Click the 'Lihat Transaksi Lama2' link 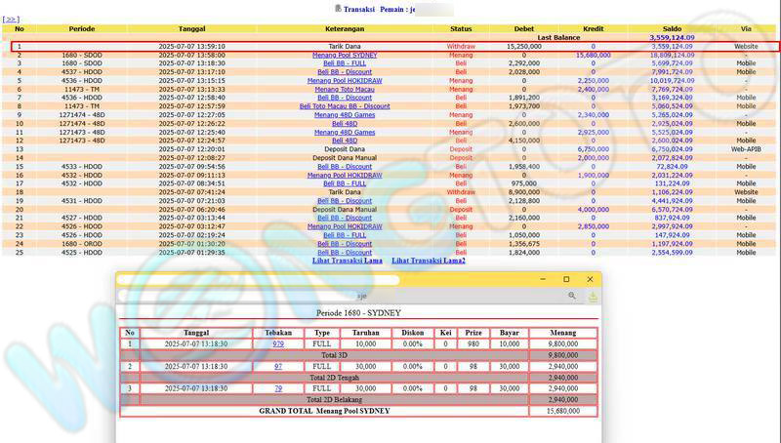coord(429,261)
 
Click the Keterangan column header coord(345,28)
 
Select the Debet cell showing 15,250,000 coord(524,46)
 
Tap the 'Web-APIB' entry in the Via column coord(746,149)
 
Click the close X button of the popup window coord(591,279)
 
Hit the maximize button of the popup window coord(567,279)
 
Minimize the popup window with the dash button coord(543,279)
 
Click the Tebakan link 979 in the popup coord(278,343)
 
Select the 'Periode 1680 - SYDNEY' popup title coord(356,314)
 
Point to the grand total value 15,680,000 coord(562,411)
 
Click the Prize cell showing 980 coord(473,343)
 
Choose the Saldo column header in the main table coord(671,28)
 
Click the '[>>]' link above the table coord(12,19)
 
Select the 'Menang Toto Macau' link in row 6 coord(345,89)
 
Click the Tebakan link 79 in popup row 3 coord(278,388)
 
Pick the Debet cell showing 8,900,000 coord(524,192)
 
